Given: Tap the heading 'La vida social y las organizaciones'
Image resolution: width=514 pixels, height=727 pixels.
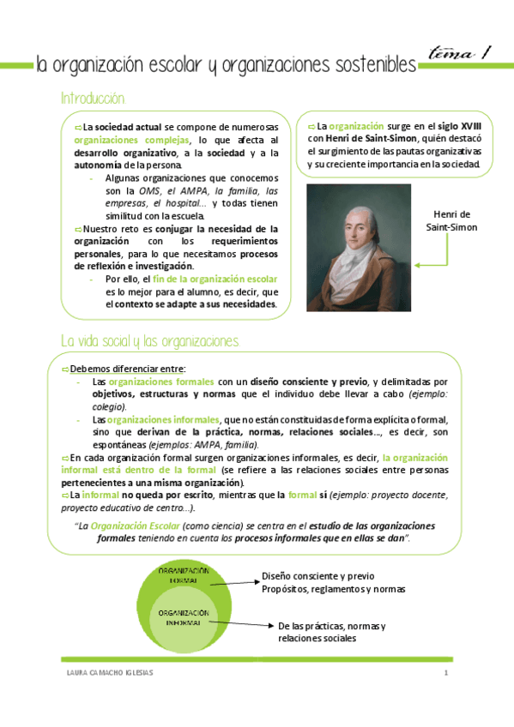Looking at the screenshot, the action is pos(150,341).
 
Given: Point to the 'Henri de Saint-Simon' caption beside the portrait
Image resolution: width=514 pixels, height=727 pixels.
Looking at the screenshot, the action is pos(451,220).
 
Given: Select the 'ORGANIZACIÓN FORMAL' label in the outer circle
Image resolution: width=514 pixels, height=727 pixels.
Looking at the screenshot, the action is pos(183,575).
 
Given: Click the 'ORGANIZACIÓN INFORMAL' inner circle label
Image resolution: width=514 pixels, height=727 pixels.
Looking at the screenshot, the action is pos(183,618).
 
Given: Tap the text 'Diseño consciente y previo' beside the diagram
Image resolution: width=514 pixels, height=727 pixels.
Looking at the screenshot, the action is pos(317,576).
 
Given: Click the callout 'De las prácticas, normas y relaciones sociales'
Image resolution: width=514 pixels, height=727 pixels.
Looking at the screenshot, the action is pos(333,633).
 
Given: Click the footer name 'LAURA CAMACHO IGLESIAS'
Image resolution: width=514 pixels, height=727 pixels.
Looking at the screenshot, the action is pos(111,672).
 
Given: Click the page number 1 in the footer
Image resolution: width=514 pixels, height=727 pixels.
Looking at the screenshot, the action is pos(446,672).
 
